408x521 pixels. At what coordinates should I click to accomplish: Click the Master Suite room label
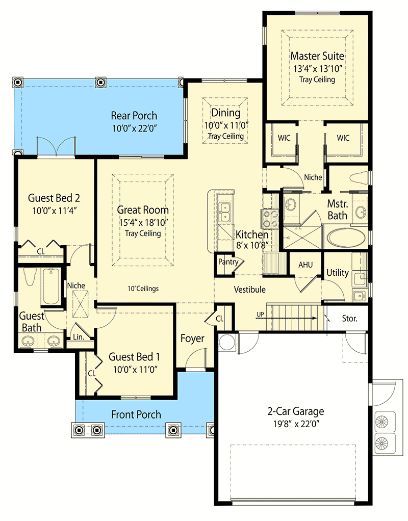click(317, 56)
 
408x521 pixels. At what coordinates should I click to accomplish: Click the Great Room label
click(143, 210)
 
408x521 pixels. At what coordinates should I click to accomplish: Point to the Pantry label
click(228, 262)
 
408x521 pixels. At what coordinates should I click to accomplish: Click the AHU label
click(305, 265)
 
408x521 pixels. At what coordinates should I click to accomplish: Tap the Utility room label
click(337, 273)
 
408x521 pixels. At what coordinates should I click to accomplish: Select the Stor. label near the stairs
click(349, 319)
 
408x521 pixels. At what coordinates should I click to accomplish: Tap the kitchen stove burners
click(269, 218)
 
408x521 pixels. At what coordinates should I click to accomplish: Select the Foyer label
click(192, 338)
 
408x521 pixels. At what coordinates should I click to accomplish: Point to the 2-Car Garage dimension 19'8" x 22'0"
click(295, 424)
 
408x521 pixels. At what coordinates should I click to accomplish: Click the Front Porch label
click(136, 414)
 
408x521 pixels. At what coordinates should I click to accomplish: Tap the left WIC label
click(284, 138)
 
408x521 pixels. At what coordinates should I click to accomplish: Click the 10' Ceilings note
click(143, 289)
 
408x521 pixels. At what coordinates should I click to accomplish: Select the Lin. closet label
click(78, 337)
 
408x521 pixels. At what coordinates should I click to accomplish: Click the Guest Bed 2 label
click(54, 198)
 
